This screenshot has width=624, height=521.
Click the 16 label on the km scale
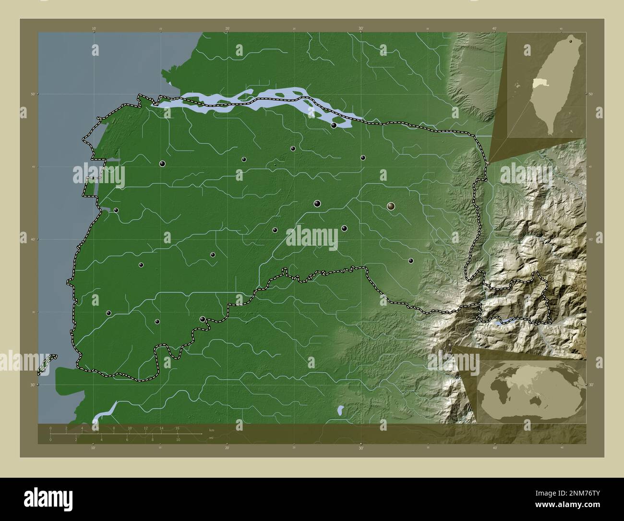pos(177,428)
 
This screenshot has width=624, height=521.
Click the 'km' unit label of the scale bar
pos(211,429)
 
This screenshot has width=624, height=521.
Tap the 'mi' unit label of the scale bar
pos(211,438)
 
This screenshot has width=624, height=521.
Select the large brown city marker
pos(391,206)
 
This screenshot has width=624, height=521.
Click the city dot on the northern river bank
pos(334,125)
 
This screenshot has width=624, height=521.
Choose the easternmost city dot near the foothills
pos(411,261)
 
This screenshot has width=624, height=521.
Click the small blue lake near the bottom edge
pos(340,410)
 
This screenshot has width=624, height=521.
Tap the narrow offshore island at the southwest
pos(46,363)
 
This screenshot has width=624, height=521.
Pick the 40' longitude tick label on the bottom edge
pos(494,447)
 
